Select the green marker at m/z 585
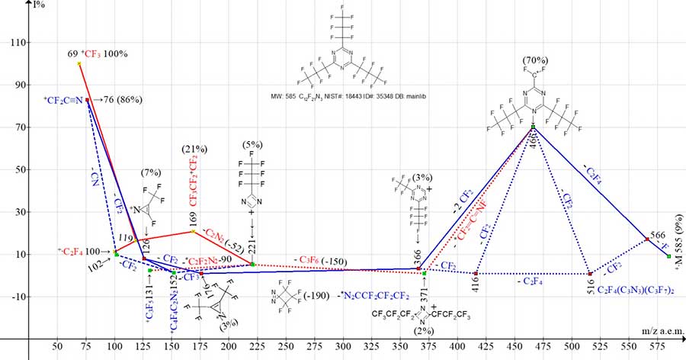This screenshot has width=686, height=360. point(668,256)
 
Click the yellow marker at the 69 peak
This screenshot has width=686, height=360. point(79,64)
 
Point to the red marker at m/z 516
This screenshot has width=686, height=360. point(590,273)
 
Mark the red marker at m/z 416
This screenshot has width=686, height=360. point(476,273)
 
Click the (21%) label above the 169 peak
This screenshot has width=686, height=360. point(194,147)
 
